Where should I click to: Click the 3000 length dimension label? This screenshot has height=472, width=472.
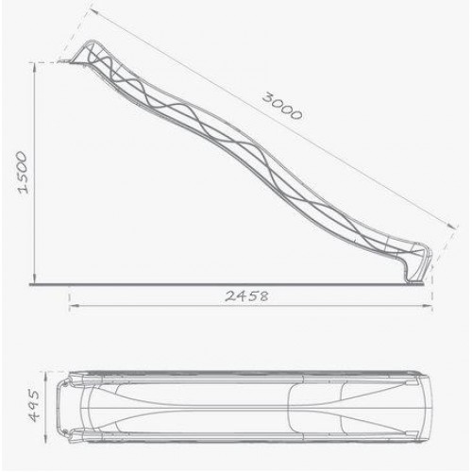[x=282, y=106]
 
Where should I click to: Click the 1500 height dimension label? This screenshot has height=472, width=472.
[x=25, y=172]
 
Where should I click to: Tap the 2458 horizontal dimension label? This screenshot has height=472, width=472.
[x=246, y=296]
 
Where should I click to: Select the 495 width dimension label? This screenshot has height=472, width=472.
[x=34, y=406]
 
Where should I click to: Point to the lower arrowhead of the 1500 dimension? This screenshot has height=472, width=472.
[x=35, y=278]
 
